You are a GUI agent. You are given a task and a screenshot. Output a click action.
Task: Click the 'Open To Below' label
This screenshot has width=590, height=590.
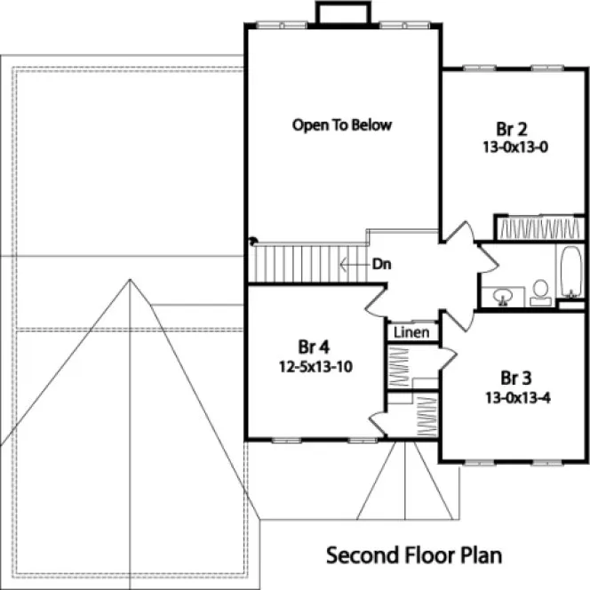342,125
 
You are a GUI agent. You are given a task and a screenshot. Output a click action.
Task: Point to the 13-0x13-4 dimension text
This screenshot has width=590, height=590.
518,396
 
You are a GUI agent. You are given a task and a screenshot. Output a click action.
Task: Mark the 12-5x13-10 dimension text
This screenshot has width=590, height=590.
312,366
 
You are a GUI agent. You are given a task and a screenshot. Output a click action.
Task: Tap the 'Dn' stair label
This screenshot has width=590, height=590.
383,264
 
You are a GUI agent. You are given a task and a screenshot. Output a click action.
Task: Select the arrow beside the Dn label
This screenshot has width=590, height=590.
354,264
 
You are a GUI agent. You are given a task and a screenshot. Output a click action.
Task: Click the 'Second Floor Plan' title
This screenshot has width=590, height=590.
413,555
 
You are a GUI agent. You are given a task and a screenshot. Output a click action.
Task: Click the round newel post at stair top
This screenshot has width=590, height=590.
252,239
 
